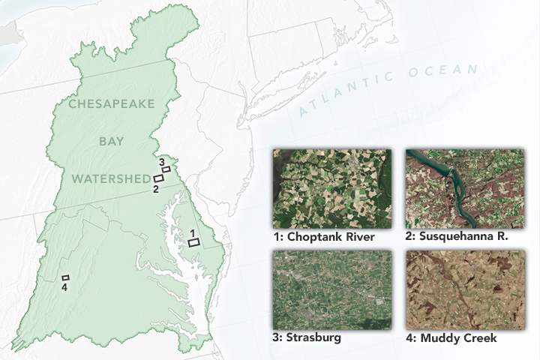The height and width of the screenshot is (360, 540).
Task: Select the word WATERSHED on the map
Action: [x=112, y=178]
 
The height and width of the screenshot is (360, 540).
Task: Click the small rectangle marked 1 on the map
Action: [x=193, y=243]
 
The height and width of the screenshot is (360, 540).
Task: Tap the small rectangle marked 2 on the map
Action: [x=159, y=178]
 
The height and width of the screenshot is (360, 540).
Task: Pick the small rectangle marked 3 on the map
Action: [x=166, y=169]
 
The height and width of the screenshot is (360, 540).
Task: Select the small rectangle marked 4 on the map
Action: [x=66, y=277]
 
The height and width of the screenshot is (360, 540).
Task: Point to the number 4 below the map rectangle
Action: [x=64, y=287]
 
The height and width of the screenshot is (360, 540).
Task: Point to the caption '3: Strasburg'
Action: [x=307, y=338]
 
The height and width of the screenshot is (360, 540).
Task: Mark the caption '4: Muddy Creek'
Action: [x=450, y=338]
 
